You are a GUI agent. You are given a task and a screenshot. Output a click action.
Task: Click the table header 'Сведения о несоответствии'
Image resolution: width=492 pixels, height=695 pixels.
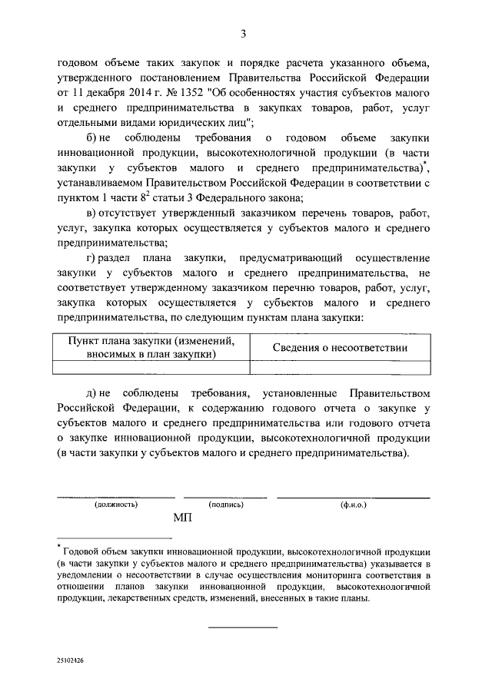click(x=341, y=347)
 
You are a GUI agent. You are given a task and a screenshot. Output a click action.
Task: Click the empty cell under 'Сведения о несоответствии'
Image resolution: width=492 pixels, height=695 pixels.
click(x=341, y=368)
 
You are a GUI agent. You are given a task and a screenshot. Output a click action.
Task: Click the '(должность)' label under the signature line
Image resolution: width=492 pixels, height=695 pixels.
click(x=116, y=505)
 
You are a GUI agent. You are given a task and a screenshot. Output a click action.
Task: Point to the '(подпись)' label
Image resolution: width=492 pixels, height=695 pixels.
click(x=226, y=505)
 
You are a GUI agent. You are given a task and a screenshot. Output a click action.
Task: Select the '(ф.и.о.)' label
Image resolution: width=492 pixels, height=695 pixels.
click(x=354, y=505)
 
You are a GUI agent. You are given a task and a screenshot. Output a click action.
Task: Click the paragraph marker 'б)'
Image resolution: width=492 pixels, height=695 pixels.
click(x=93, y=138)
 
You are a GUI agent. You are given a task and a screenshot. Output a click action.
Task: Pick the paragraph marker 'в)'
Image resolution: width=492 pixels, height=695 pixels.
click(x=93, y=212)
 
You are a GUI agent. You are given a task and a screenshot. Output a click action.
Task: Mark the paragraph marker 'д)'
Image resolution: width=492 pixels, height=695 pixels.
click(x=93, y=393)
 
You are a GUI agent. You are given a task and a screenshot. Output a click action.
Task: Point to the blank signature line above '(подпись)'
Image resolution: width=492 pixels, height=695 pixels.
click(x=226, y=497)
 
